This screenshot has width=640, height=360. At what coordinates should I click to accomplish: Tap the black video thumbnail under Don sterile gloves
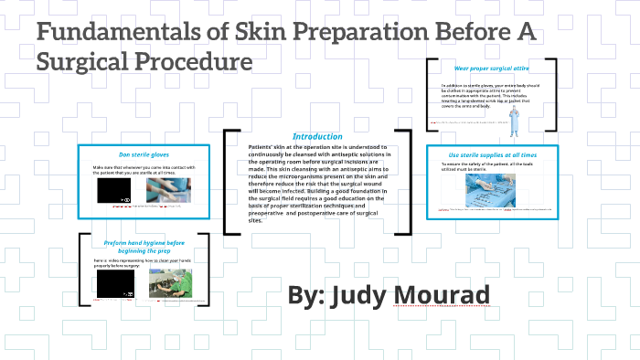(x=115, y=190)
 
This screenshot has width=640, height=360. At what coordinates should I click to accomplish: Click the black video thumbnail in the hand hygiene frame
(x=115, y=285)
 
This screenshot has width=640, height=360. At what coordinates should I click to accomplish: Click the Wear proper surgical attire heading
(x=491, y=69)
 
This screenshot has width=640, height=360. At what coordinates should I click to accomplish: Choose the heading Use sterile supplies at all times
(x=492, y=154)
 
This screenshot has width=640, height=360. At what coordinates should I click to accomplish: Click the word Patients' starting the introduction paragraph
(x=262, y=147)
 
